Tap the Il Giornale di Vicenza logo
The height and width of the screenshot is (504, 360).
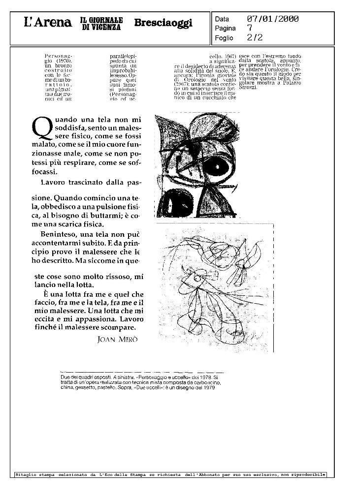click(x=101, y=23)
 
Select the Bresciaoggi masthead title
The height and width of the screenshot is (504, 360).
click(x=163, y=23)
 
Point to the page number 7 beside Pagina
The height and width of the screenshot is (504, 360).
click(x=250, y=28)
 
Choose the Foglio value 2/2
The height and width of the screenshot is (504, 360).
click(x=255, y=37)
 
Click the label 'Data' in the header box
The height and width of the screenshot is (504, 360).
click(x=222, y=19)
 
